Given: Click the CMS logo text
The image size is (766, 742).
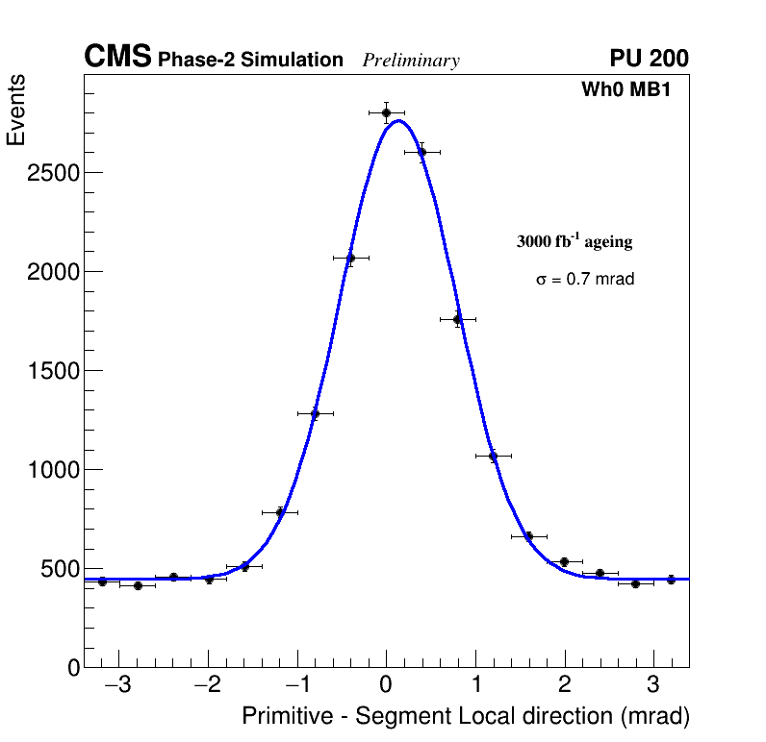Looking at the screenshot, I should click(117, 58).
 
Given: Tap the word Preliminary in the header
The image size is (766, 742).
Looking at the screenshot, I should click(411, 61).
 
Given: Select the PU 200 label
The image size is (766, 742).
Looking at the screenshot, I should click(649, 59).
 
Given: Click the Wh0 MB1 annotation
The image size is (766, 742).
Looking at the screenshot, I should click(625, 90).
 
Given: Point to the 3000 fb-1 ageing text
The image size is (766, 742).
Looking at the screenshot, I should click(574, 242).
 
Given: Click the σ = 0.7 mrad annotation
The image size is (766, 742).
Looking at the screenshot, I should click(585, 280).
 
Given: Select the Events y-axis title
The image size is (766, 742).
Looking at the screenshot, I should click(16, 111).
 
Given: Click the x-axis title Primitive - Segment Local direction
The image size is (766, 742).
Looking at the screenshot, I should click(466, 717).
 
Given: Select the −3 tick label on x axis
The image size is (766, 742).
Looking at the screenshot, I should click(118, 686).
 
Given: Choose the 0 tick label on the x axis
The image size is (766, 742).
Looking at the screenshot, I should click(386, 686).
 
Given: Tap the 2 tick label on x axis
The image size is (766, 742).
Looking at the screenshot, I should click(564, 686).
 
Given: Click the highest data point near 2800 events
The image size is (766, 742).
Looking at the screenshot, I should click(386, 112).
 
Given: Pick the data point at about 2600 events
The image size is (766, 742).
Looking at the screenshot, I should click(421, 152).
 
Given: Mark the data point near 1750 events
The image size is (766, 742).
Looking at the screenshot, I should click(457, 319).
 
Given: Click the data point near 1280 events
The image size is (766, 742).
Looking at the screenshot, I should click(315, 414).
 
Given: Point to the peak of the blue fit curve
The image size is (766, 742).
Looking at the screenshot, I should click(399, 120).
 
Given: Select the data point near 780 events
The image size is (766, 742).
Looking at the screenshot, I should click(280, 512).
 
